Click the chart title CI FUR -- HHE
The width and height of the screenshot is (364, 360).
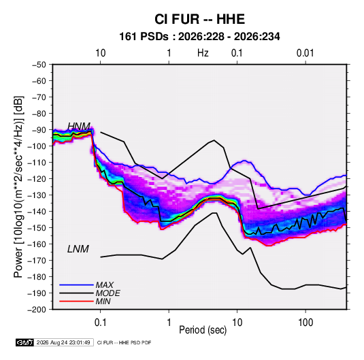click(199, 19)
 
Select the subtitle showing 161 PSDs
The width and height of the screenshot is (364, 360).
click(199, 37)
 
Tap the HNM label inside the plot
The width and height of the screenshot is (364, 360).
click(79, 127)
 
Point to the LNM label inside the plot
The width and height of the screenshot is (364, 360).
click(78, 249)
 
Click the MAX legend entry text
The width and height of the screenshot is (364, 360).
click(105, 284)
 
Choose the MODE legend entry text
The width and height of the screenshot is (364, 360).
click(107, 293)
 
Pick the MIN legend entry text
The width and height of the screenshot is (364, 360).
click(103, 301)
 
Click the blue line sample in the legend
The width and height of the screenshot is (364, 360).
click(76, 285)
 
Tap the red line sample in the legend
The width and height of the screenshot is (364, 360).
click(76, 301)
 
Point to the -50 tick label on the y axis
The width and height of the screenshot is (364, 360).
click(39, 65)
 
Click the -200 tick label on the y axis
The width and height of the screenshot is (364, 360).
click(37, 310)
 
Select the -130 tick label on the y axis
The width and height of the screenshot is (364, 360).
click(37, 195)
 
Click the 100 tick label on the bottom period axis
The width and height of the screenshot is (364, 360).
click(305, 323)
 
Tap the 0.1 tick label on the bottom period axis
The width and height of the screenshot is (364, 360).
click(100, 323)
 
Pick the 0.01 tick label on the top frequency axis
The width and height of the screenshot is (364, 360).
click(305, 53)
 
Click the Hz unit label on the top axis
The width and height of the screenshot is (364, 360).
click(203, 53)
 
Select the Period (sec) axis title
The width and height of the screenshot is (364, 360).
click(203, 330)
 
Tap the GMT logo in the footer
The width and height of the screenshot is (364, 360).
click(25, 342)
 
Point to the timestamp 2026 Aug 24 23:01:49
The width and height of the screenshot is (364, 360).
click(63, 342)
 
